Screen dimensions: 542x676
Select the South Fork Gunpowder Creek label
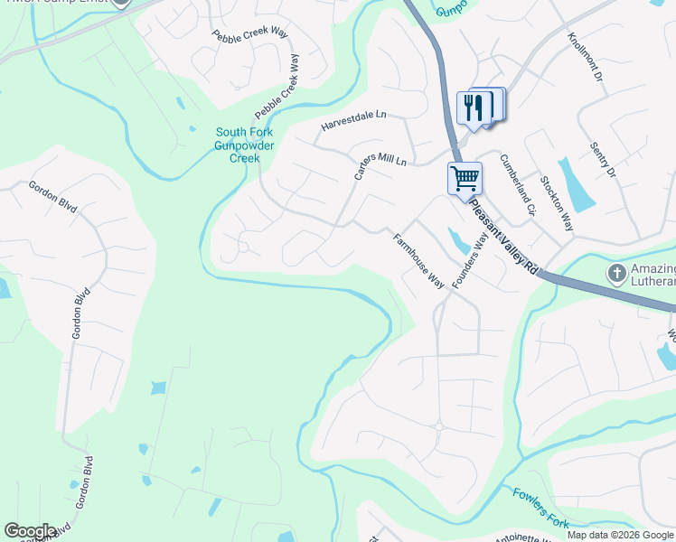(244, 145)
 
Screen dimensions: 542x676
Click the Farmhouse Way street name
(418, 262)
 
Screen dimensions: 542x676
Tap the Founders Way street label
(471, 262)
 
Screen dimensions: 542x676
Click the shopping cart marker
(465, 178)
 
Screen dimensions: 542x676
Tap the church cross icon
(617, 272)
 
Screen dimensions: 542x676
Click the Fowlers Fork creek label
(540, 508)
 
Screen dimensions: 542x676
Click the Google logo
(30, 531)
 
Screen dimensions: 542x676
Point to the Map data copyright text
(620, 535)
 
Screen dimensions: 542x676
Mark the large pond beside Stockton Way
(574, 185)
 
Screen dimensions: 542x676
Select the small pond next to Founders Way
(457, 240)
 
